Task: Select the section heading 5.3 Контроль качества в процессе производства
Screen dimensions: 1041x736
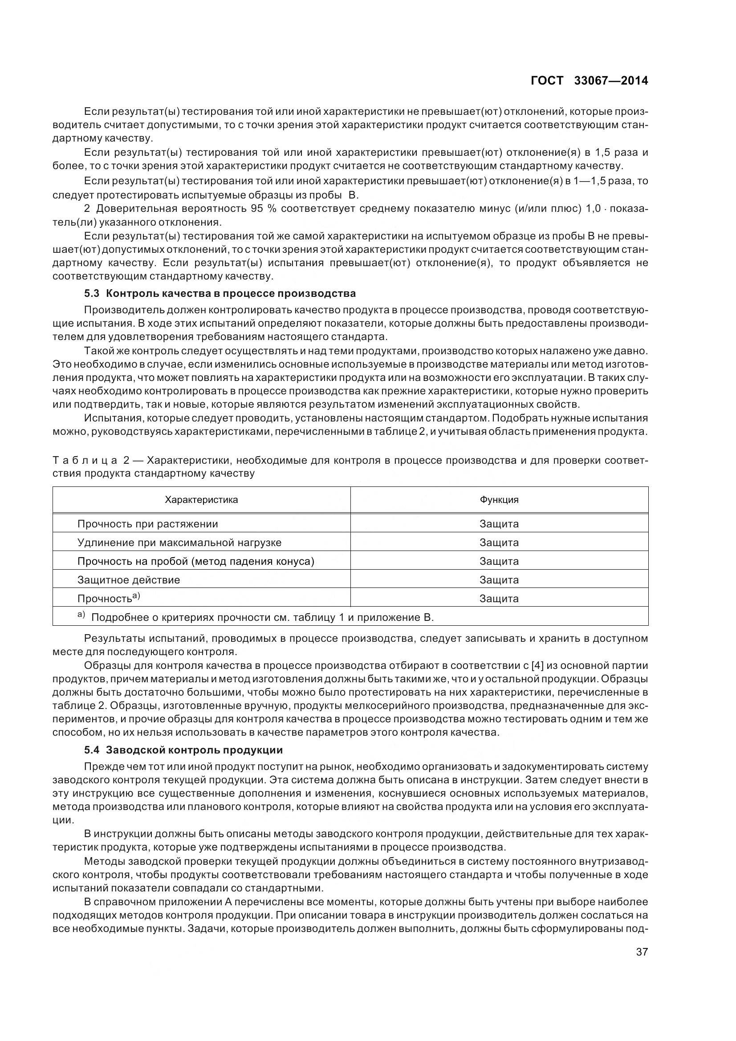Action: pos(220,293)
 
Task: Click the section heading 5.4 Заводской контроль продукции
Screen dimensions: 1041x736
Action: pos(183,750)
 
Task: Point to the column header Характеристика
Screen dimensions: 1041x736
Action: pos(201,500)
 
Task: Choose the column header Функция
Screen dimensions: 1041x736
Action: pos(499,500)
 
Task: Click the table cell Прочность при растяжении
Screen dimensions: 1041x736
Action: pos(147,524)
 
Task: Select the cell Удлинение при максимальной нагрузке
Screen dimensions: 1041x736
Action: pos(179,542)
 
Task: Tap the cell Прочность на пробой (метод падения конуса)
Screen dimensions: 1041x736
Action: pos(195,561)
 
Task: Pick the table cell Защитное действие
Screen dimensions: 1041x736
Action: pos(128,579)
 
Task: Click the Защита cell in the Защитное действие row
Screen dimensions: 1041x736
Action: pos(499,579)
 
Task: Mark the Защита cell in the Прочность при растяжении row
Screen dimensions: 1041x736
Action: pos(499,524)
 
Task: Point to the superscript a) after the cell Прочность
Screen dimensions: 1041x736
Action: pos(136,596)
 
